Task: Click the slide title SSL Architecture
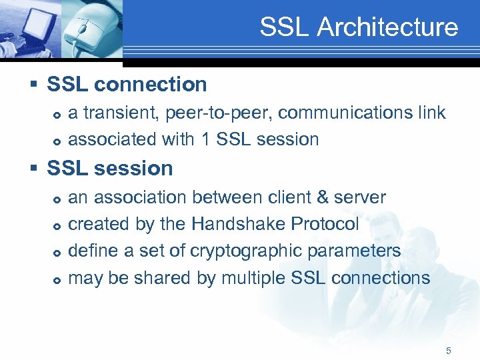[x=359, y=27]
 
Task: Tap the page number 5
[x=449, y=351]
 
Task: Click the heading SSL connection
[x=127, y=85]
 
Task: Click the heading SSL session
[x=109, y=169]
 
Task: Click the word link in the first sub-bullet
[x=432, y=113]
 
